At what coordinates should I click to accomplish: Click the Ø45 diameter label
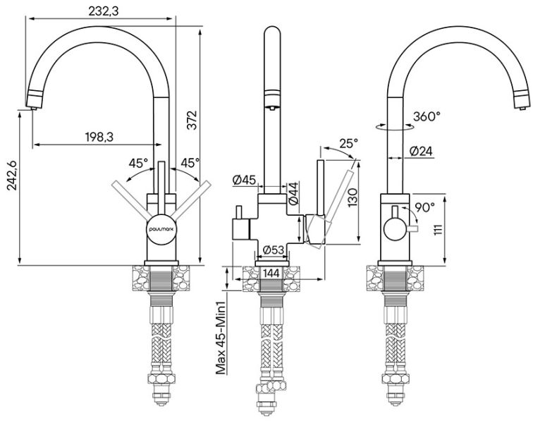(x=244, y=180)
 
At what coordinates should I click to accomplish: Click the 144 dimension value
(x=271, y=273)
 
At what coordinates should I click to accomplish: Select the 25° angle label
(x=348, y=143)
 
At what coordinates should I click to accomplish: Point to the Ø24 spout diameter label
(x=421, y=151)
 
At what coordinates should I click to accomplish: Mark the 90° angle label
(x=424, y=207)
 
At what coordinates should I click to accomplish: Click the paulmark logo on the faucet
(x=163, y=228)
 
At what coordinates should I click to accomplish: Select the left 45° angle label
(x=137, y=163)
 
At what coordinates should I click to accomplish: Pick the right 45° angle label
(x=190, y=163)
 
